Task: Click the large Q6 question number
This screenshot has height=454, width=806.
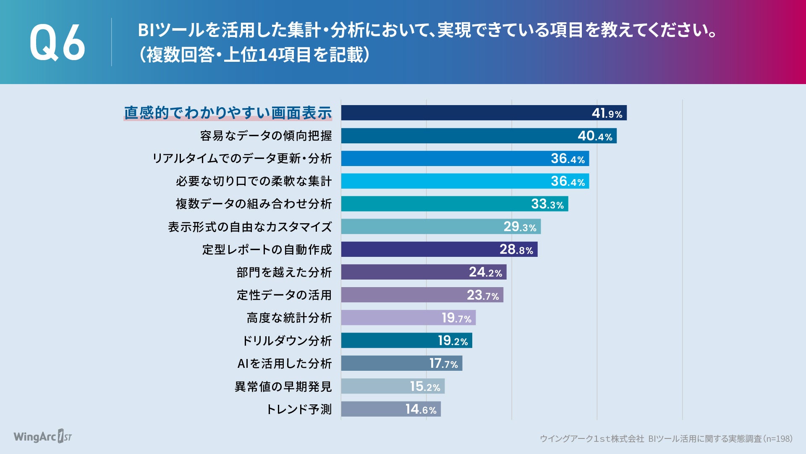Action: tap(57, 42)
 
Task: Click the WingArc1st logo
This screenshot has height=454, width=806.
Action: tap(43, 436)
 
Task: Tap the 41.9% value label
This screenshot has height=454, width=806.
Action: tap(607, 113)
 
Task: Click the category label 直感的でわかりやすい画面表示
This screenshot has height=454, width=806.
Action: tap(228, 113)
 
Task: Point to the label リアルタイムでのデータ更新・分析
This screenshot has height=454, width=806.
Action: tap(242, 158)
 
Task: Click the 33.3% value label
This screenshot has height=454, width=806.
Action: tap(547, 204)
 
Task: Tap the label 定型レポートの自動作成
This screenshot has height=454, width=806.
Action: tap(267, 250)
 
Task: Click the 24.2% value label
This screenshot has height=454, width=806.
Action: tap(485, 272)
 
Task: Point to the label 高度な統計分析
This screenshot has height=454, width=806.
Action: tap(289, 318)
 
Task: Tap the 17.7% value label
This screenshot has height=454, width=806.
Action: tap(443, 364)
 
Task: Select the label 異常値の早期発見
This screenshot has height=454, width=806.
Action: tap(283, 386)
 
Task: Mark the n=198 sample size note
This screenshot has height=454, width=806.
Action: tap(778, 439)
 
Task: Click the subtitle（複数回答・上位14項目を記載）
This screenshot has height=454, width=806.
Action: tap(254, 55)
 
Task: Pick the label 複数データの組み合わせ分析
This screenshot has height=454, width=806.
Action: tap(254, 204)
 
